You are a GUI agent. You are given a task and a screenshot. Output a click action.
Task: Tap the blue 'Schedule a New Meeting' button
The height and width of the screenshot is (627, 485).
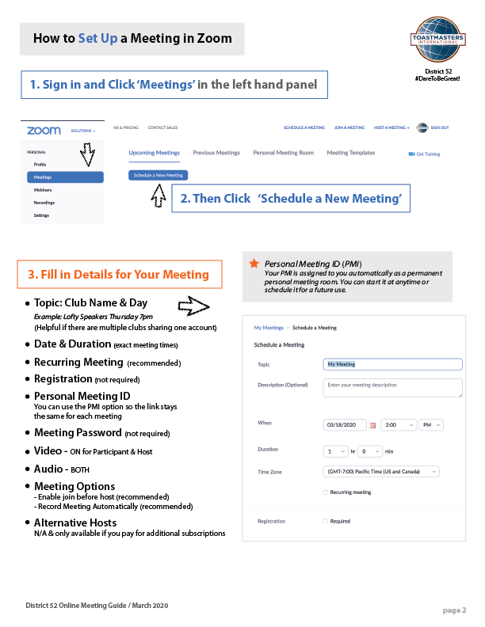click(x=158, y=175)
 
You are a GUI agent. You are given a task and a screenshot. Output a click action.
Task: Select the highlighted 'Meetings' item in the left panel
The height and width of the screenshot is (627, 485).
click(x=64, y=177)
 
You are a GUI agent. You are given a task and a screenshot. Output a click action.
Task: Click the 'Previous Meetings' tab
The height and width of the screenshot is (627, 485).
click(x=216, y=153)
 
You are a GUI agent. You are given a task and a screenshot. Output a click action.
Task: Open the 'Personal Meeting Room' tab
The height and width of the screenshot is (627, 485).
click(x=283, y=153)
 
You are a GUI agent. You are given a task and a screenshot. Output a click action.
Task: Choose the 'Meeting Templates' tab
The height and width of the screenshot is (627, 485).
click(x=351, y=153)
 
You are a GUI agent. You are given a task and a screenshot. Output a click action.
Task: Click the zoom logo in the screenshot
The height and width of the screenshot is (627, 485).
click(x=44, y=130)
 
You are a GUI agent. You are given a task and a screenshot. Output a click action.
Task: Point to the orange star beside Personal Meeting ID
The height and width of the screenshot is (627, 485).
click(x=254, y=263)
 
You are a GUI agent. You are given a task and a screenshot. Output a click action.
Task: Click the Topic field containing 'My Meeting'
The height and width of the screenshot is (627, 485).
click(x=393, y=364)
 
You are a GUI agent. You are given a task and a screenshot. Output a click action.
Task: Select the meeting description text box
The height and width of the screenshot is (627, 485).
click(x=393, y=387)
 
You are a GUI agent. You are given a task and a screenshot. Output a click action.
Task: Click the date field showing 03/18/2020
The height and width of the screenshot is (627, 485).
click(x=345, y=425)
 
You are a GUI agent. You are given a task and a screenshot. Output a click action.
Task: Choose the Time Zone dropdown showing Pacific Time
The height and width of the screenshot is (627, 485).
click(x=381, y=472)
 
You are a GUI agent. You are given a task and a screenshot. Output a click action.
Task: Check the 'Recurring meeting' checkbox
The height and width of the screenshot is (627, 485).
click(x=326, y=492)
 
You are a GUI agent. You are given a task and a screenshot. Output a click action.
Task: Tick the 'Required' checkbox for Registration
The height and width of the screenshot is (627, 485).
click(x=326, y=521)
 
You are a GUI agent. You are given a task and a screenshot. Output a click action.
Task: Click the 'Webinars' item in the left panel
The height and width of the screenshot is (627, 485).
click(x=44, y=190)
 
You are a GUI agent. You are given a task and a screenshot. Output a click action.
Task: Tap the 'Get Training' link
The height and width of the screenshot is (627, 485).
click(x=424, y=154)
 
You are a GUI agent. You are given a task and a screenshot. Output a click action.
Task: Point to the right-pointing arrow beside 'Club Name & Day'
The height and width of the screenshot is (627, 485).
click(x=193, y=304)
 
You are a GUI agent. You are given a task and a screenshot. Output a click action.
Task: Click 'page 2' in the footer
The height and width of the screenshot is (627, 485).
click(x=454, y=610)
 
